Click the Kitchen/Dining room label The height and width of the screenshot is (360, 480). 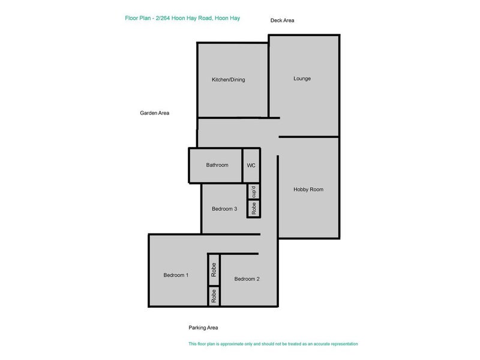[x=228, y=79]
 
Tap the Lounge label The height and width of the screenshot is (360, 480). [x=302, y=79]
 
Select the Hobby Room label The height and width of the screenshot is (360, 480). [x=308, y=189]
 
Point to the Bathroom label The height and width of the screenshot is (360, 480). [x=217, y=165]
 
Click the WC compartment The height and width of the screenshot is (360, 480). [x=251, y=165]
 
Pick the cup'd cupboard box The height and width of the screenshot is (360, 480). [x=254, y=192]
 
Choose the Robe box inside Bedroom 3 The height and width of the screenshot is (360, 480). [x=254, y=209]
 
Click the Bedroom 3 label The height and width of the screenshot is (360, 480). [x=225, y=209]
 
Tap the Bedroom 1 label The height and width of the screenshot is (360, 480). [x=176, y=275]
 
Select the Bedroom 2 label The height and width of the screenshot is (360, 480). [x=247, y=278]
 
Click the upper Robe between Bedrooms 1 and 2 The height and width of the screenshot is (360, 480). [x=214, y=269]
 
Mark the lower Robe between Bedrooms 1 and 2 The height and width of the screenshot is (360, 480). [x=214, y=296]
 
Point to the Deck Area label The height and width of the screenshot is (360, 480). [x=282, y=20]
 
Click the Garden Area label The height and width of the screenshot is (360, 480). [x=154, y=113]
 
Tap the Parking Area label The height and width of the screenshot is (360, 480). [x=203, y=328]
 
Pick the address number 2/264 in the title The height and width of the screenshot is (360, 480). [x=161, y=18]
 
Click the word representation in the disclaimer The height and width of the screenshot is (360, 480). [x=340, y=344]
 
